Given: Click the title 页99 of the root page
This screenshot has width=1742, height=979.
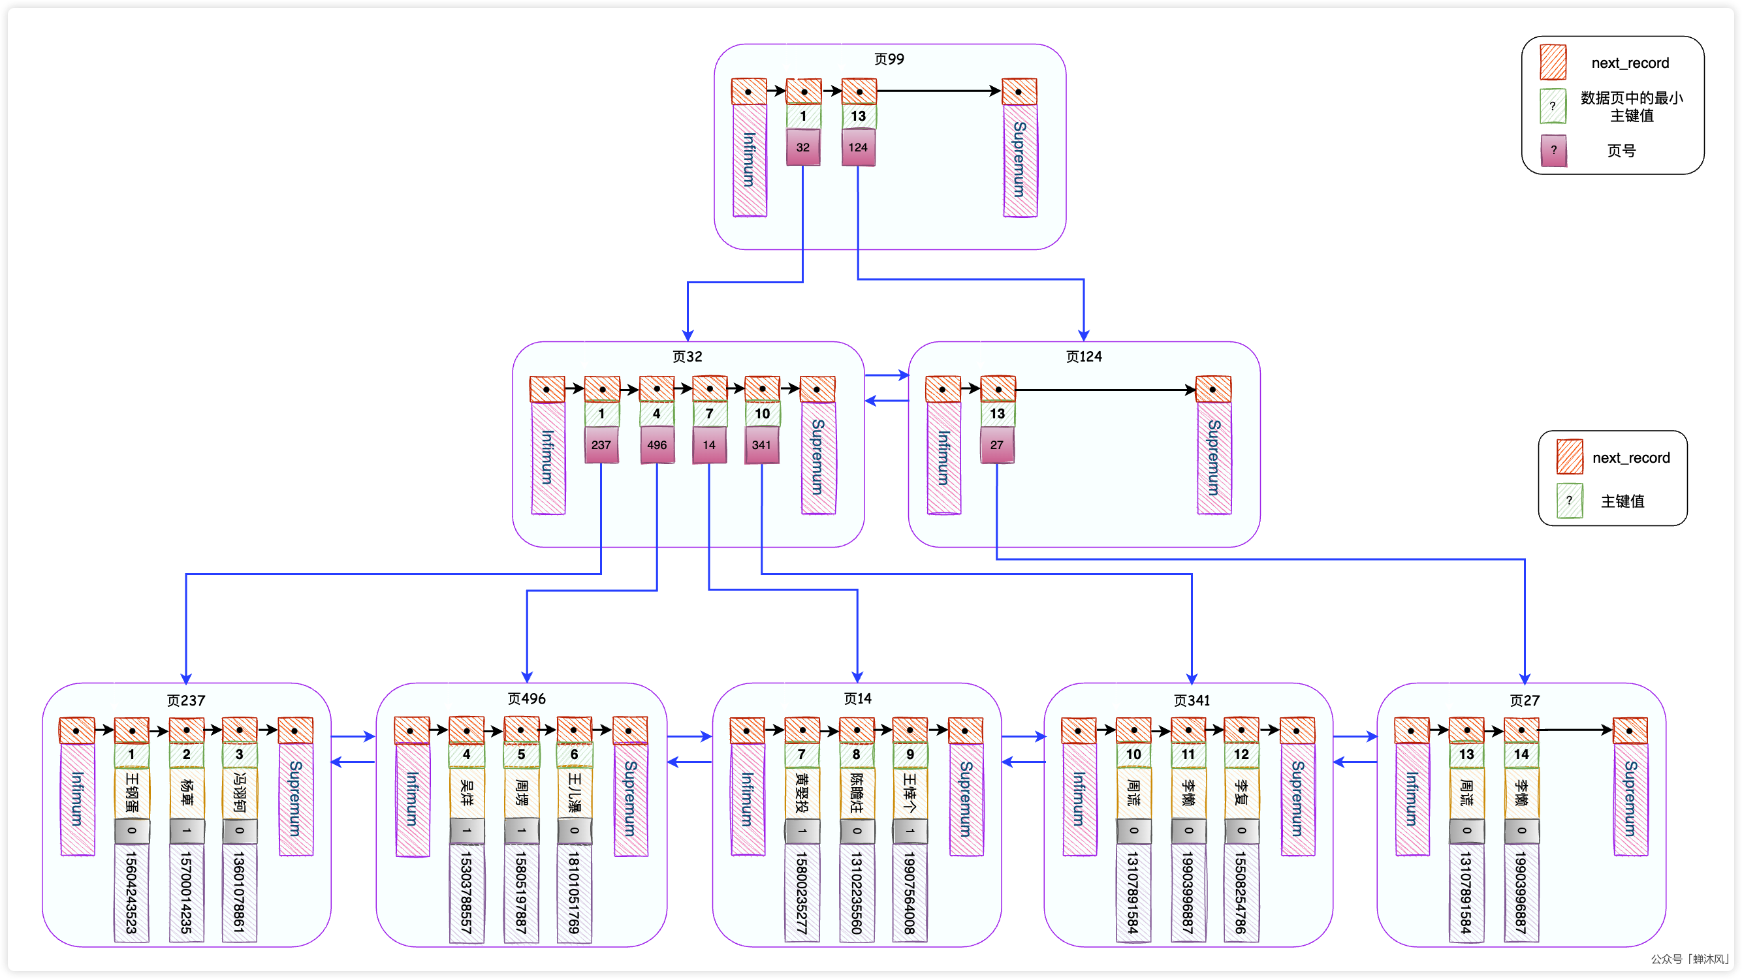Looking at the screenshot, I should [x=889, y=59].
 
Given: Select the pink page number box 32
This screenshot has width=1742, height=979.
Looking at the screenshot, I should [x=802, y=148].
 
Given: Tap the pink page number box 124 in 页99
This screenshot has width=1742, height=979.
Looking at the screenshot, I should [x=857, y=148].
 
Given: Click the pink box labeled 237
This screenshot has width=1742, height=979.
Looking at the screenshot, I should [x=601, y=445].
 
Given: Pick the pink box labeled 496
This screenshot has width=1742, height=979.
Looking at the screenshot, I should [x=657, y=445].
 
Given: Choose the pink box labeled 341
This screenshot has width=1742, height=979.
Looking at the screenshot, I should [x=761, y=445].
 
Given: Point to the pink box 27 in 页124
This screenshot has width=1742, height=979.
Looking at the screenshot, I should [x=997, y=445].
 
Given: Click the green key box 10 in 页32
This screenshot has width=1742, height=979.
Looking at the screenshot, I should [x=762, y=414].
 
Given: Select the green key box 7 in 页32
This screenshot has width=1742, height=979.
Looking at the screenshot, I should [x=709, y=414].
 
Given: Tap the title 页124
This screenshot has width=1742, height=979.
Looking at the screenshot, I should [x=1083, y=356].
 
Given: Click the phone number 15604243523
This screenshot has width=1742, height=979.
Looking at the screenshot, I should [x=131, y=892].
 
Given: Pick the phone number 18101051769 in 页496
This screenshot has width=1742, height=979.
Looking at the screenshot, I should [x=574, y=892].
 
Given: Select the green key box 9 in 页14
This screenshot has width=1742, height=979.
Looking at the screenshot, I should [x=910, y=754].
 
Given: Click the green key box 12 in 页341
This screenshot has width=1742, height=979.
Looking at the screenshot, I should [x=1241, y=754].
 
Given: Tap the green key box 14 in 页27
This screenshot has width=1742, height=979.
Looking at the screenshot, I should [x=1521, y=754].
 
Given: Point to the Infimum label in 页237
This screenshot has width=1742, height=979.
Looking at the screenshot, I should [x=77, y=798].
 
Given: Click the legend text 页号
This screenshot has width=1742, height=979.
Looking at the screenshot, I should [x=1621, y=151].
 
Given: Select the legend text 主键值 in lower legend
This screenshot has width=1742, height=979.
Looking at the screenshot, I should [x=1622, y=501].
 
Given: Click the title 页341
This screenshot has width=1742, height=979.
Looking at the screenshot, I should [x=1191, y=700].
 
